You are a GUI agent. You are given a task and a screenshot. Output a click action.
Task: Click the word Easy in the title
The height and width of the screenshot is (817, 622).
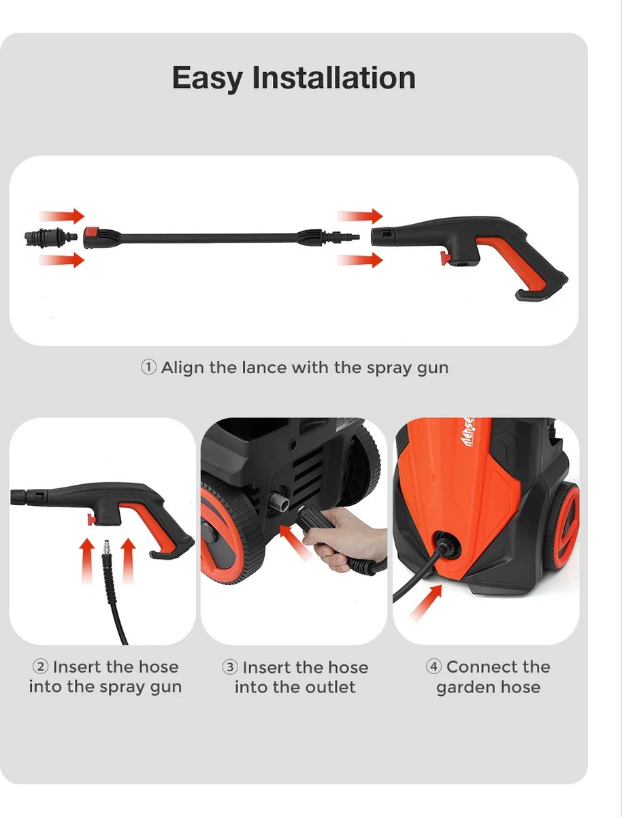click(207, 78)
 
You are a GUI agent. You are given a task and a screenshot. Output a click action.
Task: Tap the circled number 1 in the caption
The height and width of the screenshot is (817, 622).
click(148, 368)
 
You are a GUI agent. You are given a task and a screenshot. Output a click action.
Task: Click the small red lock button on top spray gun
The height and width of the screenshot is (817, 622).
click(444, 258)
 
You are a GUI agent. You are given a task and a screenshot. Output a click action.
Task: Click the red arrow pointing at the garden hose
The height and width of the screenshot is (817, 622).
click(425, 602)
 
